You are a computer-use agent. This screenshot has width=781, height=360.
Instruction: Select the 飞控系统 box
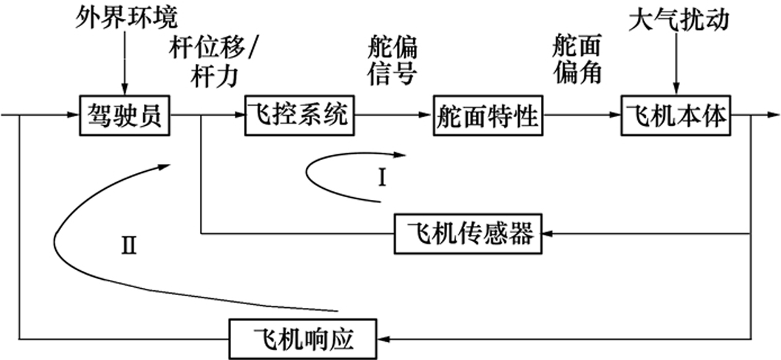pyautogui.click(x=293, y=117)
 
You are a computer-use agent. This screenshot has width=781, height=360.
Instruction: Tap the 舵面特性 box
pyautogui.click(x=487, y=117)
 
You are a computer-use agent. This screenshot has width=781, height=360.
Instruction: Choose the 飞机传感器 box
pyautogui.click(x=469, y=233)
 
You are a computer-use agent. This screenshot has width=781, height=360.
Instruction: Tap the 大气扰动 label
pyautogui.click(x=677, y=21)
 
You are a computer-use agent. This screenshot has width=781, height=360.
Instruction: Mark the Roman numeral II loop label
pyautogui.click(x=129, y=247)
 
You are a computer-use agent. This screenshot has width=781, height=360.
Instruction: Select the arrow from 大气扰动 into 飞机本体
pyautogui.click(x=677, y=65)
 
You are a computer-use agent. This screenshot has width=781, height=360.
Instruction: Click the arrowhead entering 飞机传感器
pyautogui.click(x=548, y=233)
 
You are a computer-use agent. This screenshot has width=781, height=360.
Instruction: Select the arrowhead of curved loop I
pyautogui.click(x=400, y=155)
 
